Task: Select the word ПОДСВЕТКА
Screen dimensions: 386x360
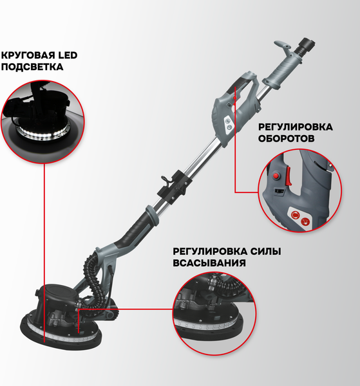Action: pos(33,67)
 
